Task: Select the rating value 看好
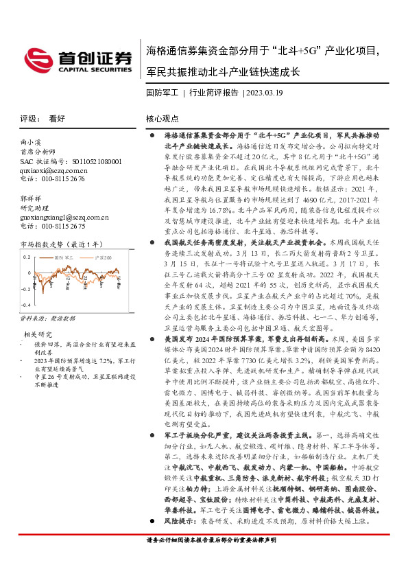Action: point(57,118)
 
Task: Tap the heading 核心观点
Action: point(163,118)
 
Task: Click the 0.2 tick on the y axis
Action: point(27,257)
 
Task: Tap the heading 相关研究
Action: point(38,334)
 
